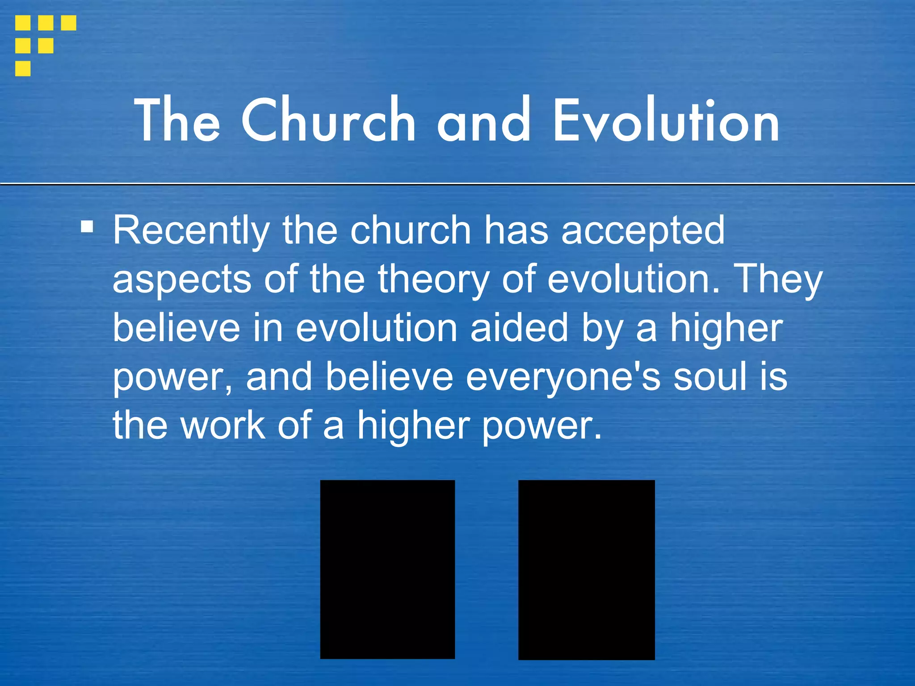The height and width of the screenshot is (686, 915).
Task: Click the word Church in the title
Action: (328, 121)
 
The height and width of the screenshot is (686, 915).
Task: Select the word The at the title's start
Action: (177, 121)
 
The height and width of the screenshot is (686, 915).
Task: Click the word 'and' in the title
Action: (483, 121)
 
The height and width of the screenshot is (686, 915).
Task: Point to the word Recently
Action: (191, 231)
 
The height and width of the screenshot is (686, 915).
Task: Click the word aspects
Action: (182, 280)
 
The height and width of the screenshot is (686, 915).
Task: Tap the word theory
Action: (433, 280)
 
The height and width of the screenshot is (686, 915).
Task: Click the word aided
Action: (520, 328)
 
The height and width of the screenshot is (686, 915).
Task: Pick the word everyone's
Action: (563, 377)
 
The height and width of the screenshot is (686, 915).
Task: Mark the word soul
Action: (710, 377)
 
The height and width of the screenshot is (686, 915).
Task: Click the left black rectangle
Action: (387, 569)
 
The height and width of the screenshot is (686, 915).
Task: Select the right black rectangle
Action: (586, 569)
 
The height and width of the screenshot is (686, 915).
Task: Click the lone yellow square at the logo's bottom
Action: (23, 68)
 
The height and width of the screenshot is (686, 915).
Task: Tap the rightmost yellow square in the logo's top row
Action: (68, 23)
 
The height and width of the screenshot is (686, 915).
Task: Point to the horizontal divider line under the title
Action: (457, 184)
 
